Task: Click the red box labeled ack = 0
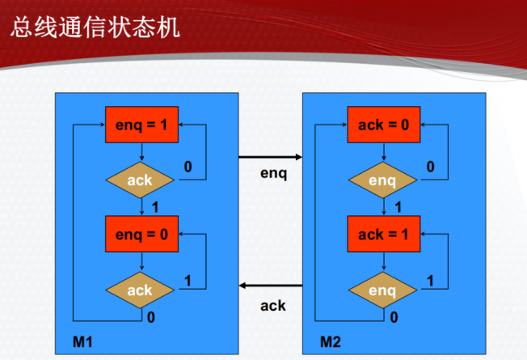point(382,125)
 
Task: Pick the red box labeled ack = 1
point(382,235)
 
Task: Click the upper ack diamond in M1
point(141,180)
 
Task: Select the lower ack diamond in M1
point(141,290)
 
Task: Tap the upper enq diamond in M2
point(382,180)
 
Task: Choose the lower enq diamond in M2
point(382,290)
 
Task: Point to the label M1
point(82,340)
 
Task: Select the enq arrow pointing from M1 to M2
point(270,157)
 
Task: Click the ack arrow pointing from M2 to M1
point(270,286)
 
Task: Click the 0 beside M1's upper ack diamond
point(188,167)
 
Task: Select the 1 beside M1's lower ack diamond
point(188,280)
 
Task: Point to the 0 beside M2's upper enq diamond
point(430,167)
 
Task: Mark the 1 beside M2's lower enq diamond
point(430,280)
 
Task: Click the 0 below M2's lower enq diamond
point(394,317)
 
